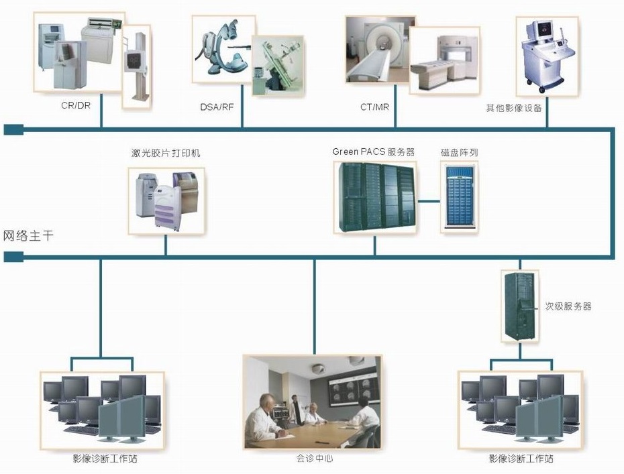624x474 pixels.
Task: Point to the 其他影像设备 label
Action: (514, 107)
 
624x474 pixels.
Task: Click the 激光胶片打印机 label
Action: (166, 153)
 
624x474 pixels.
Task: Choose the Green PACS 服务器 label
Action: (373, 152)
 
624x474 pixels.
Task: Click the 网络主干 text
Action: (29, 235)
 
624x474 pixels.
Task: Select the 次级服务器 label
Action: (568, 306)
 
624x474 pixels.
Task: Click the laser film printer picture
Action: (166, 200)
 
